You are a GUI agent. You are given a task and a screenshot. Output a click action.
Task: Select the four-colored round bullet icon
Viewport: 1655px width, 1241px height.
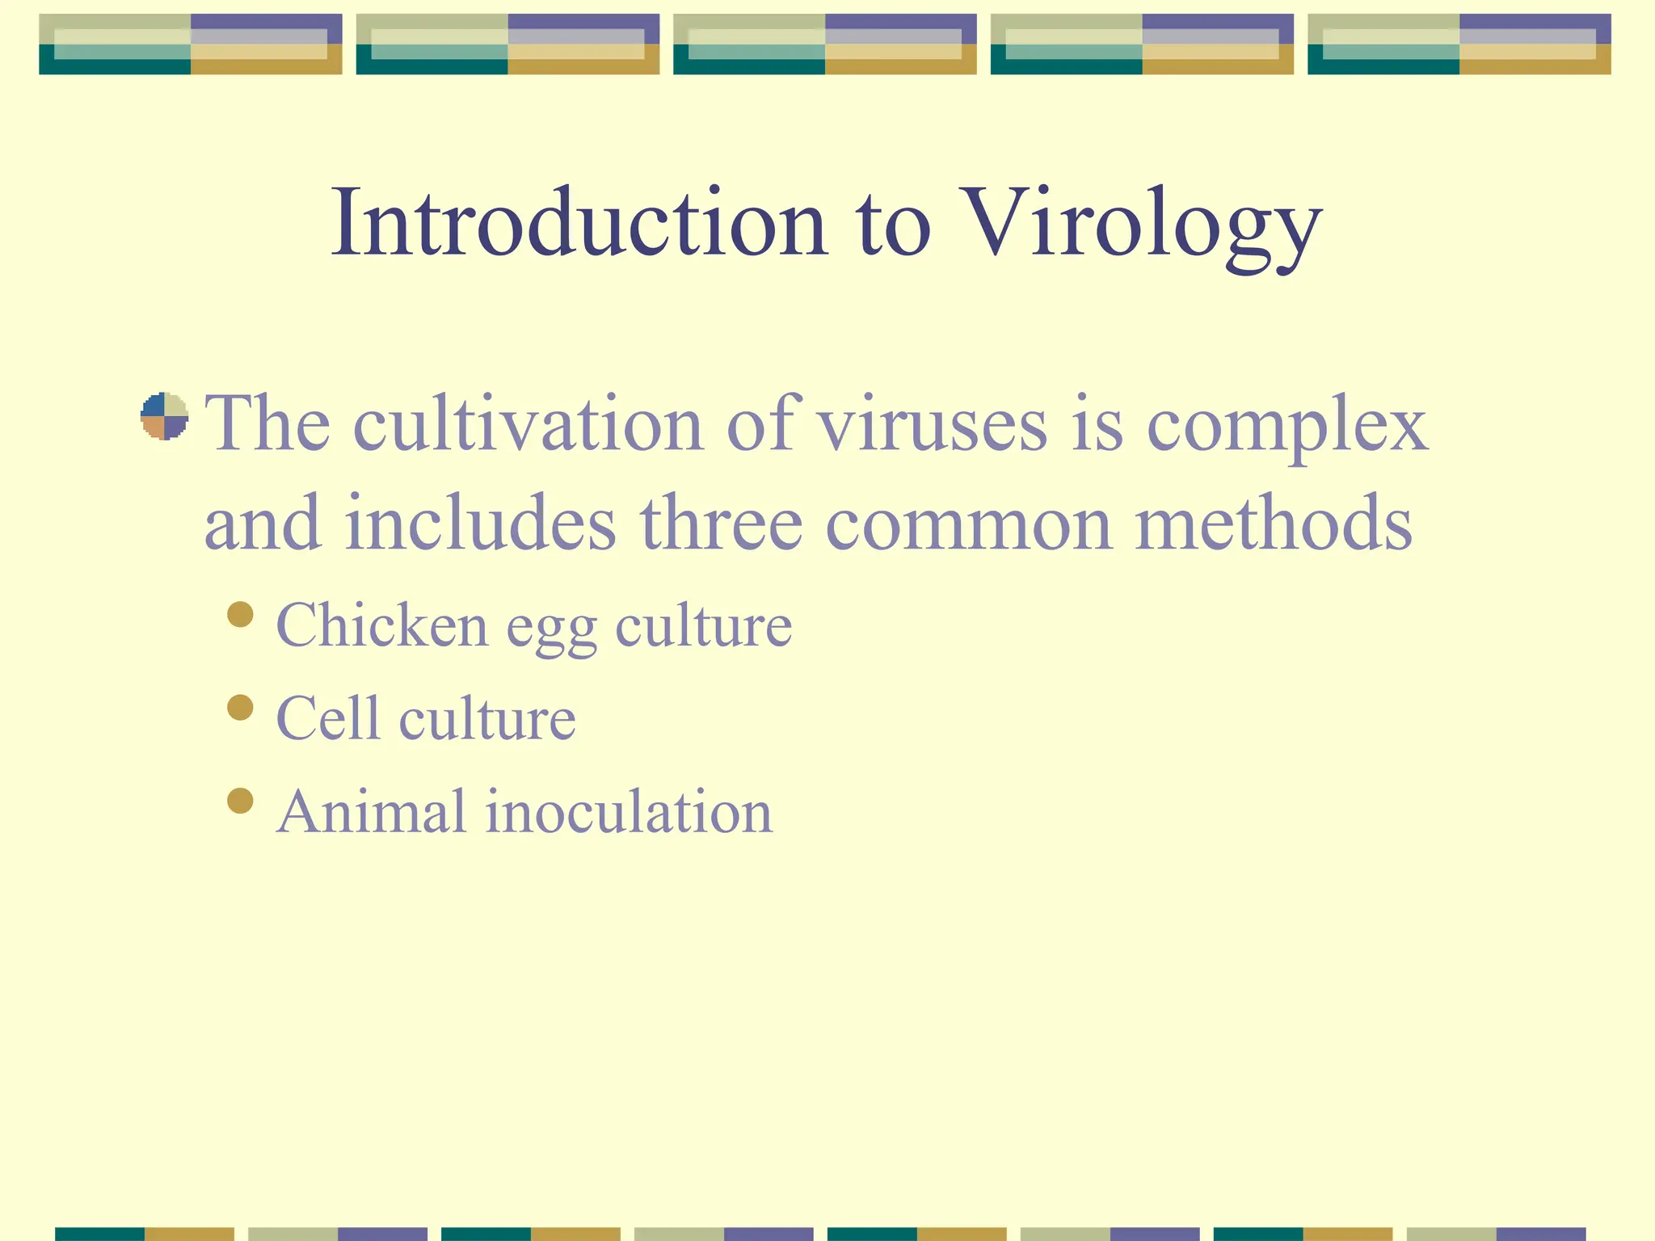pos(165,416)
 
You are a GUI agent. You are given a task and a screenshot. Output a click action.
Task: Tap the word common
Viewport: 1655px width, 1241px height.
pos(968,525)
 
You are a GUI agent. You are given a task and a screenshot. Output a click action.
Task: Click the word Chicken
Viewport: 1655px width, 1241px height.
pos(382,625)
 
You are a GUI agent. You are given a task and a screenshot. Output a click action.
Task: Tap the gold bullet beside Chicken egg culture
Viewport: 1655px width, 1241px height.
pos(240,615)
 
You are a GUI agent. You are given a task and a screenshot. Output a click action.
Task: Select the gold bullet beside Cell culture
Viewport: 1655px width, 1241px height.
pos(240,708)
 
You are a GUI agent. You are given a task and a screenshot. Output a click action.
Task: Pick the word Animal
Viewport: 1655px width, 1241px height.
pos(371,811)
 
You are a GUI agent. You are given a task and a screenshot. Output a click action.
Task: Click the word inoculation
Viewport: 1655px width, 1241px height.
pos(629,811)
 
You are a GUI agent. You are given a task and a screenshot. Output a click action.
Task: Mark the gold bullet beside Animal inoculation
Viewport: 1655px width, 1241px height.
pos(240,801)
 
